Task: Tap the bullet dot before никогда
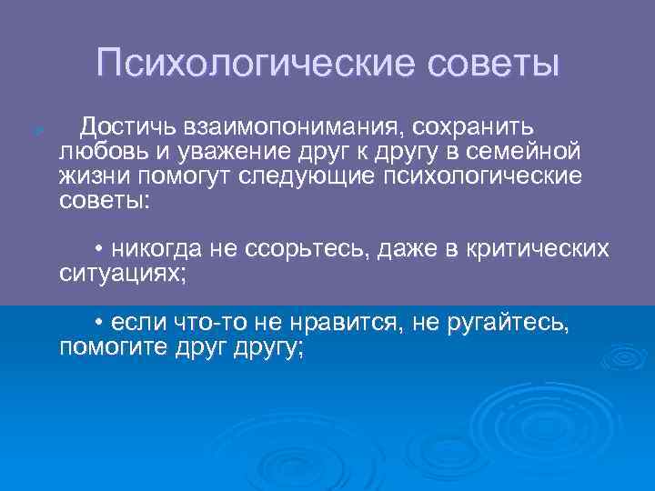click(98, 249)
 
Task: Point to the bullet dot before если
click(98, 324)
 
